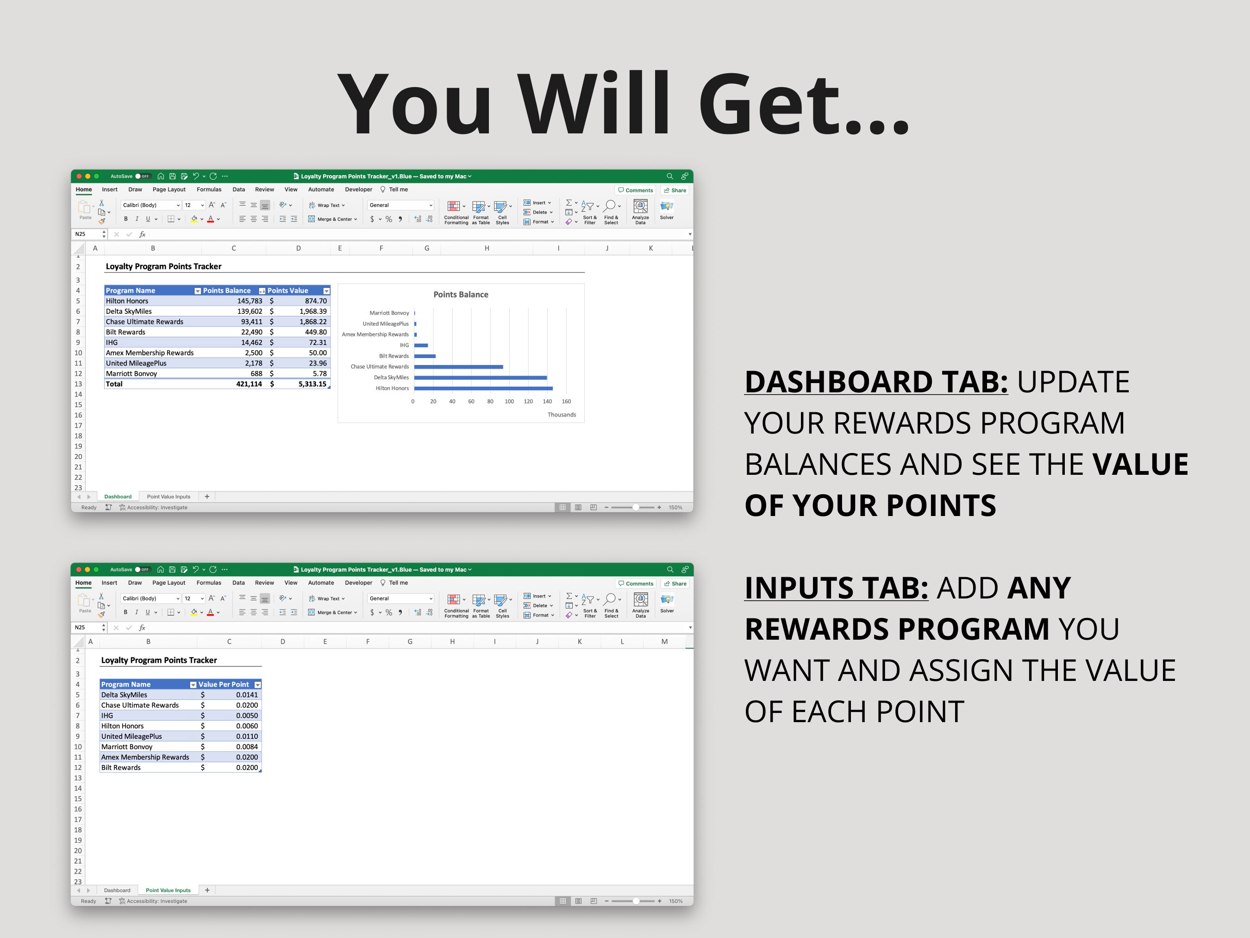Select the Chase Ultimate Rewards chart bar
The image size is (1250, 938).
click(x=458, y=367)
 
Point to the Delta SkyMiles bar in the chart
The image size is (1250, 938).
click(x=481, y=378)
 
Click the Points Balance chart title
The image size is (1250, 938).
click(x=461, y=295)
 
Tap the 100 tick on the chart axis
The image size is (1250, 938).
click(x=509, y=402)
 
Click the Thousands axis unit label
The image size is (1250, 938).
click(x=561, y=415)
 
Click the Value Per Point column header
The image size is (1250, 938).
click(x=223, y=685)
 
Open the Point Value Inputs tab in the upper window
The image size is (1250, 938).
click(x=169, y=497)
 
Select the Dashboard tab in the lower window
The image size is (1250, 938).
click(x=117, y=890)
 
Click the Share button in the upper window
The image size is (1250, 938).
click(x=675, y=190)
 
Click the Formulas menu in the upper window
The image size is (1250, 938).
click(x=209, y=190)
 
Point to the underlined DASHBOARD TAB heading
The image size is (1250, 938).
click(x=876, y=382)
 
